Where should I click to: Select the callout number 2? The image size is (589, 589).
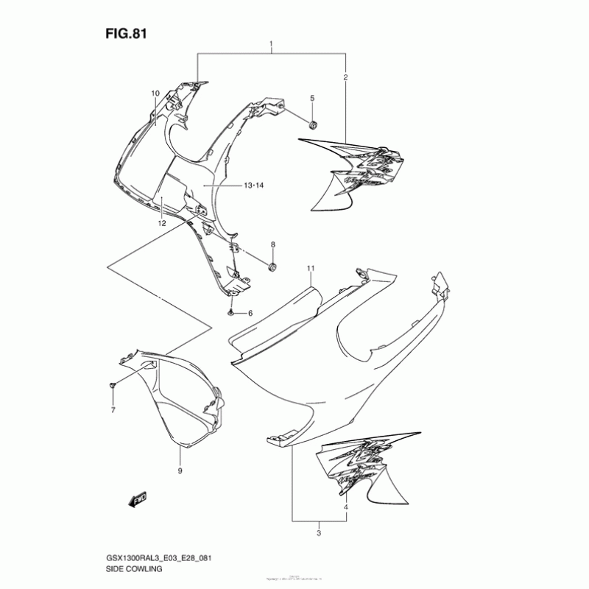click(x=345, y=77)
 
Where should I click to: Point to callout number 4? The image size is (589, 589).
click(x=345, y=507)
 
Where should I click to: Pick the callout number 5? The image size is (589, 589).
click(x=311, y=99)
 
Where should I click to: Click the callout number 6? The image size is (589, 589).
click(x=250, y=314)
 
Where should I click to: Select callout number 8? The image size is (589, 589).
click(x=272, y=244)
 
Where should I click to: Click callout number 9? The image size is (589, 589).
click(x=180, y=470)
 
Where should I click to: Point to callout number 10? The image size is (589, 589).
click(x=155, y=94)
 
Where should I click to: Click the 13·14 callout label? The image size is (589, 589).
click(x=253, y=186)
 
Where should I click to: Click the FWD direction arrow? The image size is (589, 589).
click(x=138, y=501)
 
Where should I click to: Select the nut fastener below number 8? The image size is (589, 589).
click(x=272, y=266)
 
